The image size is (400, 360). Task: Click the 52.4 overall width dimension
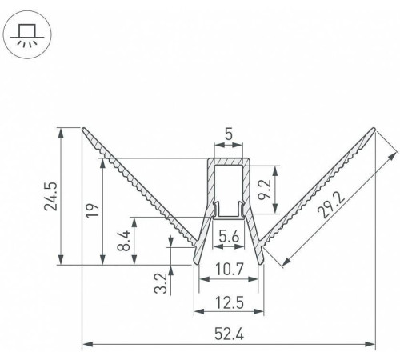229,334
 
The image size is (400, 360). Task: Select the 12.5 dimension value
229,303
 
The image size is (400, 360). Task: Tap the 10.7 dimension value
229,270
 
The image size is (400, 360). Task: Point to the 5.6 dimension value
229,237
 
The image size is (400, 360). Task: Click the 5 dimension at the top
229,134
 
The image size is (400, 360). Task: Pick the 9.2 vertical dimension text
266,190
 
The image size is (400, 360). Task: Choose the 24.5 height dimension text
50,197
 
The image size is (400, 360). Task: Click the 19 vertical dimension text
93,210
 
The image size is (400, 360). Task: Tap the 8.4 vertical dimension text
123,241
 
